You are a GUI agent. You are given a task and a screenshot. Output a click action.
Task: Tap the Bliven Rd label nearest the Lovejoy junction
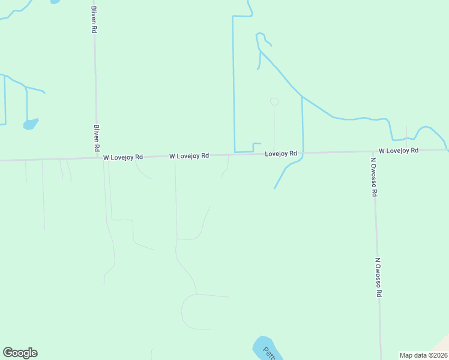pos(96,137)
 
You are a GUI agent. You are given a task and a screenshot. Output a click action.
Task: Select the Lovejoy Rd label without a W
pos(281,154)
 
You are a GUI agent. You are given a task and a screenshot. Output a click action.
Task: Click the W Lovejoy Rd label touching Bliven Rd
pos(122,157)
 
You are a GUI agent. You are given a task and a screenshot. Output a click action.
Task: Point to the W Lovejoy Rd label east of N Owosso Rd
pos(398,151)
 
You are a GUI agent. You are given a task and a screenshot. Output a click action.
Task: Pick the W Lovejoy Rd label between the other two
pos(188,155)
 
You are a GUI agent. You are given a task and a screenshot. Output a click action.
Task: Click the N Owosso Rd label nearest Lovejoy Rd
pos(373,177)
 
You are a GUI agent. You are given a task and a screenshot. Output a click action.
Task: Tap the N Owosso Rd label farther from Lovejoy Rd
pos(379,277)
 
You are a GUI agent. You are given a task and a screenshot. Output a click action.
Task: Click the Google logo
pos(20,353)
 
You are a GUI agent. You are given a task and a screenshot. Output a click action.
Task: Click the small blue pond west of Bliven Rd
pos(30,124)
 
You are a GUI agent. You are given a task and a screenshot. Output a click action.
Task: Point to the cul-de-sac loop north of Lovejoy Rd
pos(274,101)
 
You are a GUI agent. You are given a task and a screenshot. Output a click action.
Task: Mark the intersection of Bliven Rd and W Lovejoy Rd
pos(97,158)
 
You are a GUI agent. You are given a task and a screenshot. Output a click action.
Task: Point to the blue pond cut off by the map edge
pos(55,1)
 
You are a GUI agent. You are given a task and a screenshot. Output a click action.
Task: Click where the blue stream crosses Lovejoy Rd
pos(303,153)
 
